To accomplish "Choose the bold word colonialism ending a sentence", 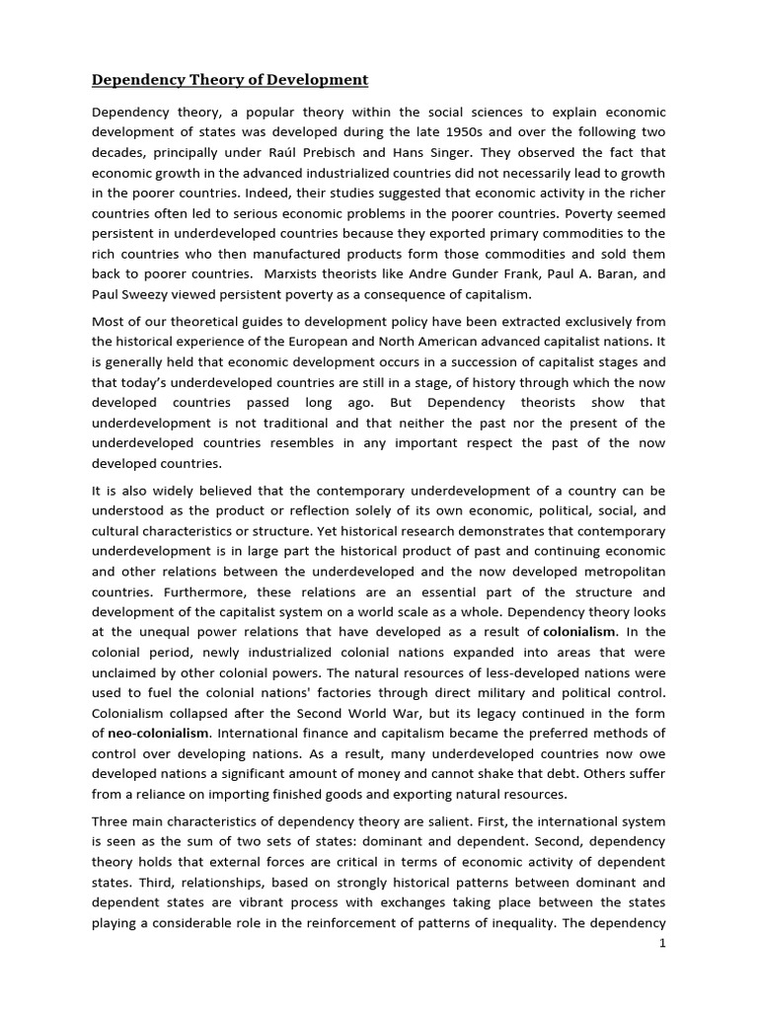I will (578, 630).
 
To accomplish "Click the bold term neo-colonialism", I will (157, 733).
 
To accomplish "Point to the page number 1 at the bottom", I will (662, 943).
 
